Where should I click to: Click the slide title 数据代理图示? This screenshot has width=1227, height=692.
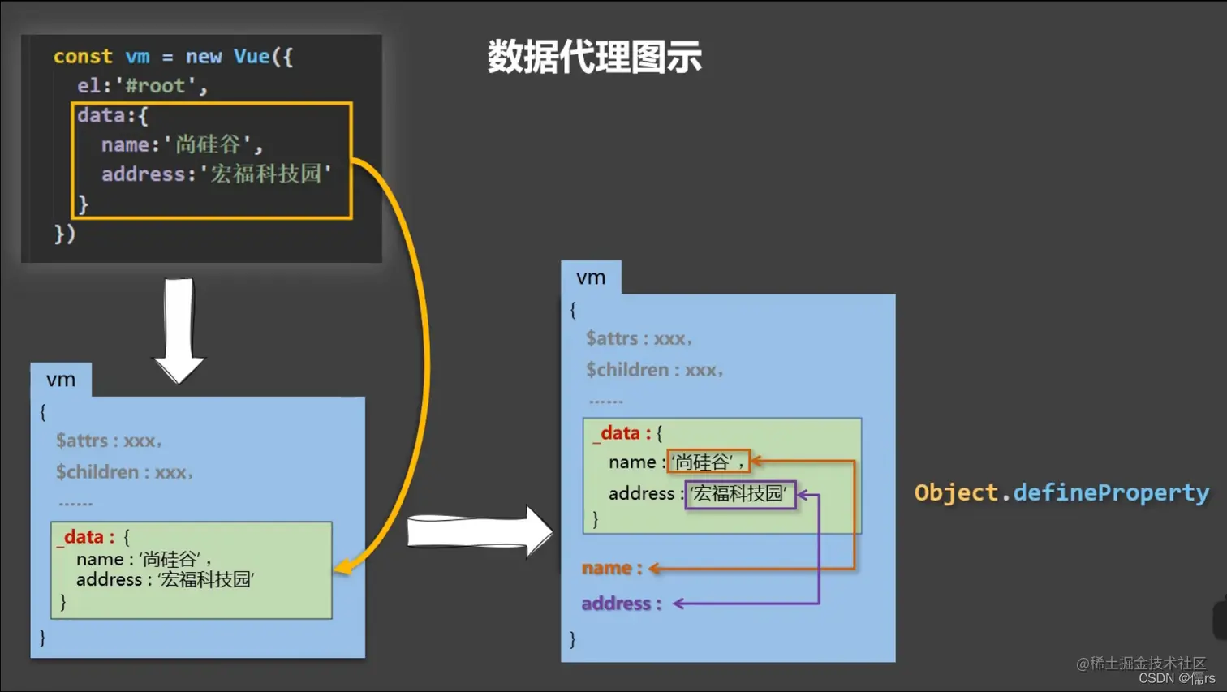tap(594, 57)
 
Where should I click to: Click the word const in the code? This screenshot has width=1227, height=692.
tap(83, 57)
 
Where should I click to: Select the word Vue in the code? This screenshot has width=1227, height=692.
tap(252, 57)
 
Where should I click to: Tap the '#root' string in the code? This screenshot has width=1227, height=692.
tap(156, 86)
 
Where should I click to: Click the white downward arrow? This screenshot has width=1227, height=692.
tap(179, 329)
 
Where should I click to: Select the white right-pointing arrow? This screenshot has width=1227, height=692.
tap(479, 532)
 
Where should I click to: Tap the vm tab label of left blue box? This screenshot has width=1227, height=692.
tap(61, 380)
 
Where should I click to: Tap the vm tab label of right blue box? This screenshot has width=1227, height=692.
tap(591, 277)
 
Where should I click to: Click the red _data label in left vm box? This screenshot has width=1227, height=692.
tap(84, 537)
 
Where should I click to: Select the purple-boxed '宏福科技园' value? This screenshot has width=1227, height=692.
tap(739, 494)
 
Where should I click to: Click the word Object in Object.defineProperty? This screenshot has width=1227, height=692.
tap(956, 493)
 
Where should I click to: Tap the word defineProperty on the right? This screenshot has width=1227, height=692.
tap(1111, 493)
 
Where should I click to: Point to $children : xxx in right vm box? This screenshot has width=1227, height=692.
tap(653, 371)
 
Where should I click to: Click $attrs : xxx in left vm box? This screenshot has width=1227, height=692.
tap(108, 441)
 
